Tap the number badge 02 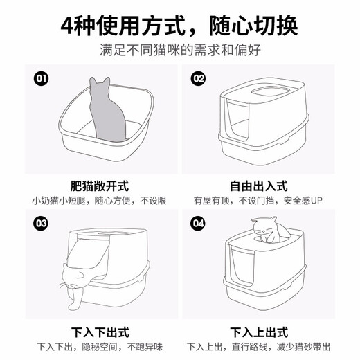coord(199,78)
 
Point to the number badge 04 coord(199,223)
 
